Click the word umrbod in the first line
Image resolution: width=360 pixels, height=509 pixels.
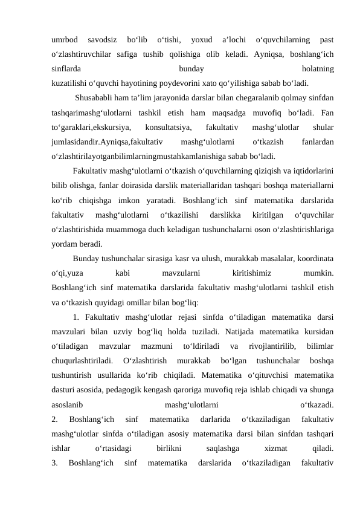click(x=65, y=40)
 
